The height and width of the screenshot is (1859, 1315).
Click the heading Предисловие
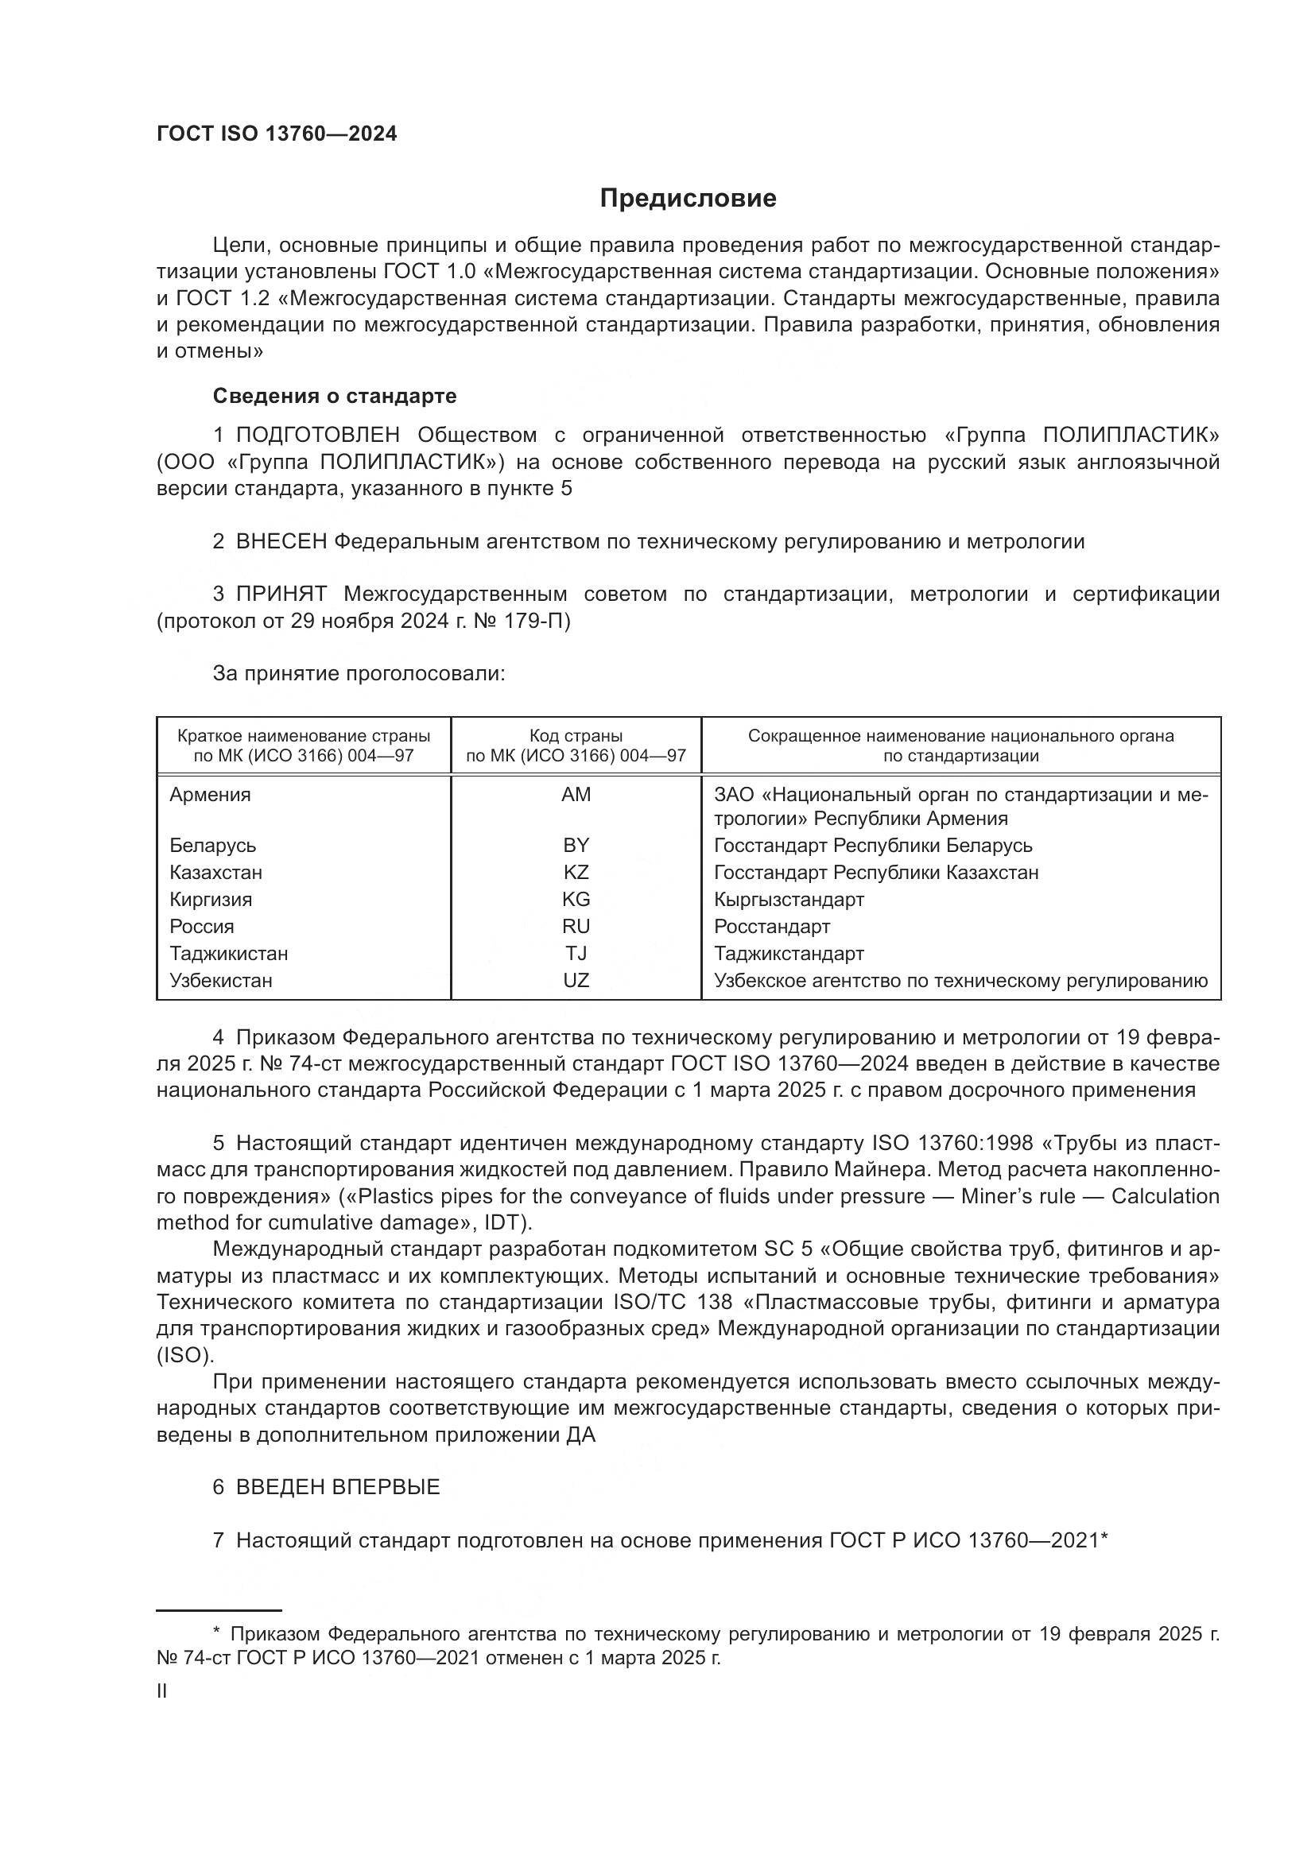pyautogui.click(x=688, y=199)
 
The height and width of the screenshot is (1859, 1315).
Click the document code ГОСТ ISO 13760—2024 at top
pyautogui.click(x=277, y=134)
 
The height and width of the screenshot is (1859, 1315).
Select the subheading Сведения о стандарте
pyautogui.click(x=335, y=396)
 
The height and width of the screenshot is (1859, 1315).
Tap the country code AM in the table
pyautogui.click(x=576, y=794)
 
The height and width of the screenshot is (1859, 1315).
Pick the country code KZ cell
pyautogui.click(x=576, y=872)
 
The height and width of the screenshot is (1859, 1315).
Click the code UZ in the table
pyautogui.click(x=576, y=981)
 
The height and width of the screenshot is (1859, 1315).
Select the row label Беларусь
pyautogui.click(x=213, y=846)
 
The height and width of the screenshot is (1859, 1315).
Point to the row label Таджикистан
pyautogui.click(x=228, y=953)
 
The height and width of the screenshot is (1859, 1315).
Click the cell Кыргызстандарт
pyautogui.click(x=789, y=900)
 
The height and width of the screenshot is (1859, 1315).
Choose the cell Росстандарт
pyautogui.click(x=772, y=926)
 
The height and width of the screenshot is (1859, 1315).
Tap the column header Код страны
pyautogui.click(x=576, y=736)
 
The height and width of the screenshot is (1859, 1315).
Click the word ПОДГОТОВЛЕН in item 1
pyautogui.click(x=317, y=436)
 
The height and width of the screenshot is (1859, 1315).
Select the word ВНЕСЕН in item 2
pyautogui.click(x=281, y=542)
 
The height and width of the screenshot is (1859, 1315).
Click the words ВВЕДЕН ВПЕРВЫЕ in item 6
pyautogui.click(x=338, y=1486)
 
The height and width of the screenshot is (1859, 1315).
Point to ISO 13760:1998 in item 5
pyautogui.click(x=952, y=1143)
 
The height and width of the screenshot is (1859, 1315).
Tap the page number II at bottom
pyautogui.click(x=161, y=1691)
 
